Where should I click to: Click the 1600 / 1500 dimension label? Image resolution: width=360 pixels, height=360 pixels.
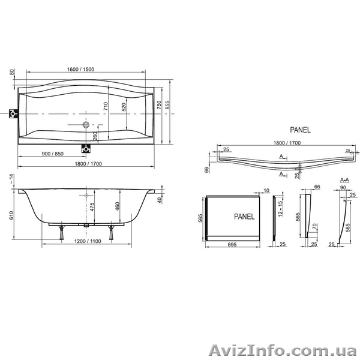80,70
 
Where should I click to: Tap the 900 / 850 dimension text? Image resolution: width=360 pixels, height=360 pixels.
53,154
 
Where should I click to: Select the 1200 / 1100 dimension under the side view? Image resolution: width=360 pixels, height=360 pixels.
88,241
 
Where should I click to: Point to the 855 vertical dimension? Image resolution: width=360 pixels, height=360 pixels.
168,105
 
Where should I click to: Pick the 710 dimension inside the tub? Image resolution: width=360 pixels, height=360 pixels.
106,106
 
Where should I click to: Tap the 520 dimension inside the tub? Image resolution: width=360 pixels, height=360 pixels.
124,107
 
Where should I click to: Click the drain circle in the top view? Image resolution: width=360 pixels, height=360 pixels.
86,125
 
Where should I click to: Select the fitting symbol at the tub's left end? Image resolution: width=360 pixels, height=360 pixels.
14,113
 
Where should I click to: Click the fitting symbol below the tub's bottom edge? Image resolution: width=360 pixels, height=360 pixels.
86,149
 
